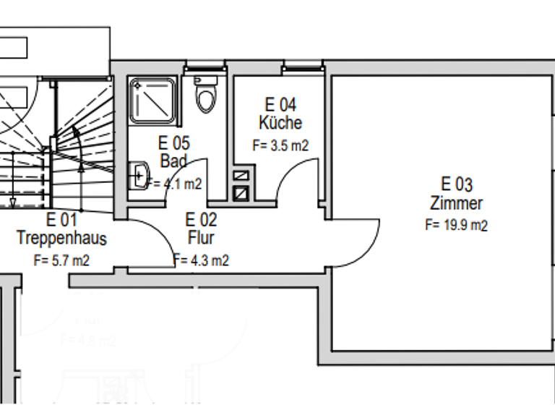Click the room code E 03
(x=457, y=184)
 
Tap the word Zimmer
(x=456, y=203)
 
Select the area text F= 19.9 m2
(x=456, y=225)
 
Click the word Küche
(x=280, y=123)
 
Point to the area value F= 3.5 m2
(x=280, y=145)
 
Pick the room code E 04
(x=280, y=106)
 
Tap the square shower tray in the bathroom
(x=152, y=100)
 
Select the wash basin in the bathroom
(x=139, y=174)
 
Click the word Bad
(x=173, y=160)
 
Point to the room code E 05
(x=174, y=142)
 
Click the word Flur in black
(x=201, y=237)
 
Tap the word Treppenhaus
(x=62, y=238)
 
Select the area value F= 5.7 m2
(x=61, y=260)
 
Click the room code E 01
(x=61, y=219)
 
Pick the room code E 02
(x=201, y=219)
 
